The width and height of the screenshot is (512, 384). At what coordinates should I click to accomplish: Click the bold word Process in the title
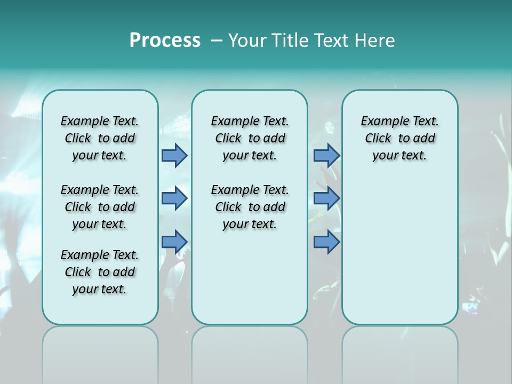point(165,41)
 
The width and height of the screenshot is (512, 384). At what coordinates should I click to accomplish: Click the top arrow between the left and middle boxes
point(174,156)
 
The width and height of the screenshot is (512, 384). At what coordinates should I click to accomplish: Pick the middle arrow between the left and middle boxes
point(174,198)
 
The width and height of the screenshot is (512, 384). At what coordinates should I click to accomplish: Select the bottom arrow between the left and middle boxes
point(174,242)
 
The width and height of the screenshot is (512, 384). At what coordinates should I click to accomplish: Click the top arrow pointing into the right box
point(326,156)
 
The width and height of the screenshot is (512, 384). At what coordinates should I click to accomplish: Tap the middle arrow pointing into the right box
point(326,198)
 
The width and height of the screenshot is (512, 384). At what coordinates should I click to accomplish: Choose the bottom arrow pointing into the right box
point(326,242)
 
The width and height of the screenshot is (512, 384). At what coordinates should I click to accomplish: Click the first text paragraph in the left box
point(100,138)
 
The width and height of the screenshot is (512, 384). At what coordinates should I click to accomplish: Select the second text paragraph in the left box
point(100,207)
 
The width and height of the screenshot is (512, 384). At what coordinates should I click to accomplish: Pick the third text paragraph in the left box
point(100,272)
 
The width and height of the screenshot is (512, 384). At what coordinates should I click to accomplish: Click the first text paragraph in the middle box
point(250,138)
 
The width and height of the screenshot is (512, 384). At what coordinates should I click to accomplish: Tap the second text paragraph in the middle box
point(250,207)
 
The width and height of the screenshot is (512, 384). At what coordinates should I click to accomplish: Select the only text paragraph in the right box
point(399,138)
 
